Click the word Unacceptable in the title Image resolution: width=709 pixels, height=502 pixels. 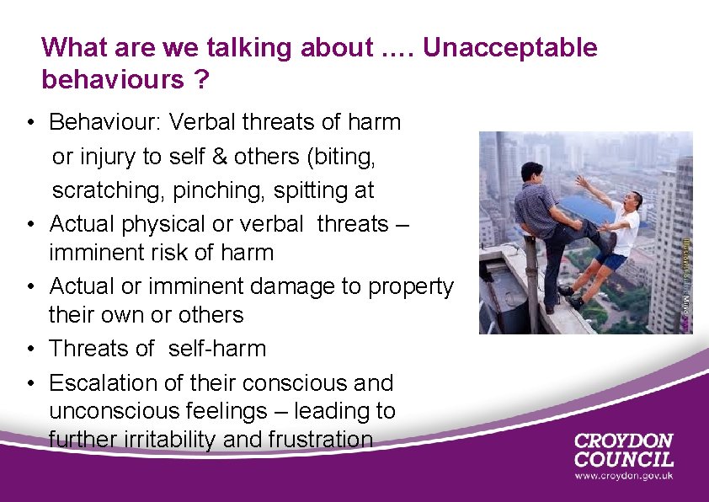tap(510, 48)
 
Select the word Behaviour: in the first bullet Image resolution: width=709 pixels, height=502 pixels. tap(106, 122)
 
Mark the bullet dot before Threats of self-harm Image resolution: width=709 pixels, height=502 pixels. tap(29, 349)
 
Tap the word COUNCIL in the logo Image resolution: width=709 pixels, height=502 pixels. tap(624, 459)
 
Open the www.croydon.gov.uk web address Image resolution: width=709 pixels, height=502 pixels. tap(624, 477)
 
